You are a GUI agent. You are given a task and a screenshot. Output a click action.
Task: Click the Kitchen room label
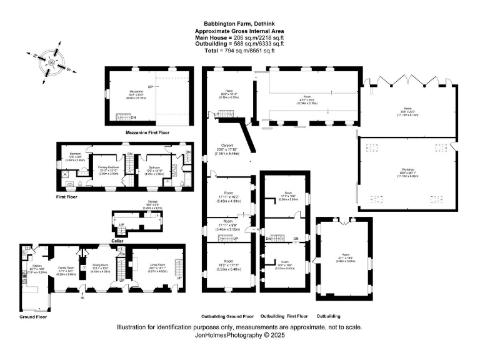[x=34, y=266]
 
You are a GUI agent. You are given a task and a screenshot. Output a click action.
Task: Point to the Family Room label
[x=66, y=266]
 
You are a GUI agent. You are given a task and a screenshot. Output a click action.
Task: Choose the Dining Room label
[x=101, y=266]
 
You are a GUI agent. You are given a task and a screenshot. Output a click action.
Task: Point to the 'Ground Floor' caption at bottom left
[x=33, y=317]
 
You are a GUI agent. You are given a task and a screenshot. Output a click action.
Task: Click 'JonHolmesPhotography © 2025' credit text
[x=240, y=335]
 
